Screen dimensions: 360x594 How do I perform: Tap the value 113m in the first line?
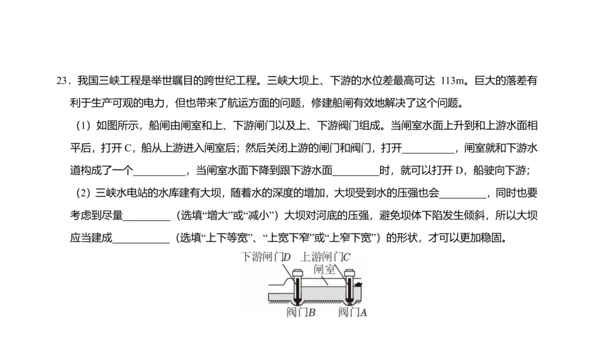point(452,81)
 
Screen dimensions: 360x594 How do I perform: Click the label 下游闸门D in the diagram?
point(266,257)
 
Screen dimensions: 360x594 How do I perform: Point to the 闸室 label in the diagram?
point(324,269)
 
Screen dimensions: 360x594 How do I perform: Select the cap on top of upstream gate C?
point(348,272)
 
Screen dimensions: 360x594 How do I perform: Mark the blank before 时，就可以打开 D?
point(356,171)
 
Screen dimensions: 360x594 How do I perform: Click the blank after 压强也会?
point(463,194)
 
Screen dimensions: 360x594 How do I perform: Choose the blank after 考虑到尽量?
point(147,217)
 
